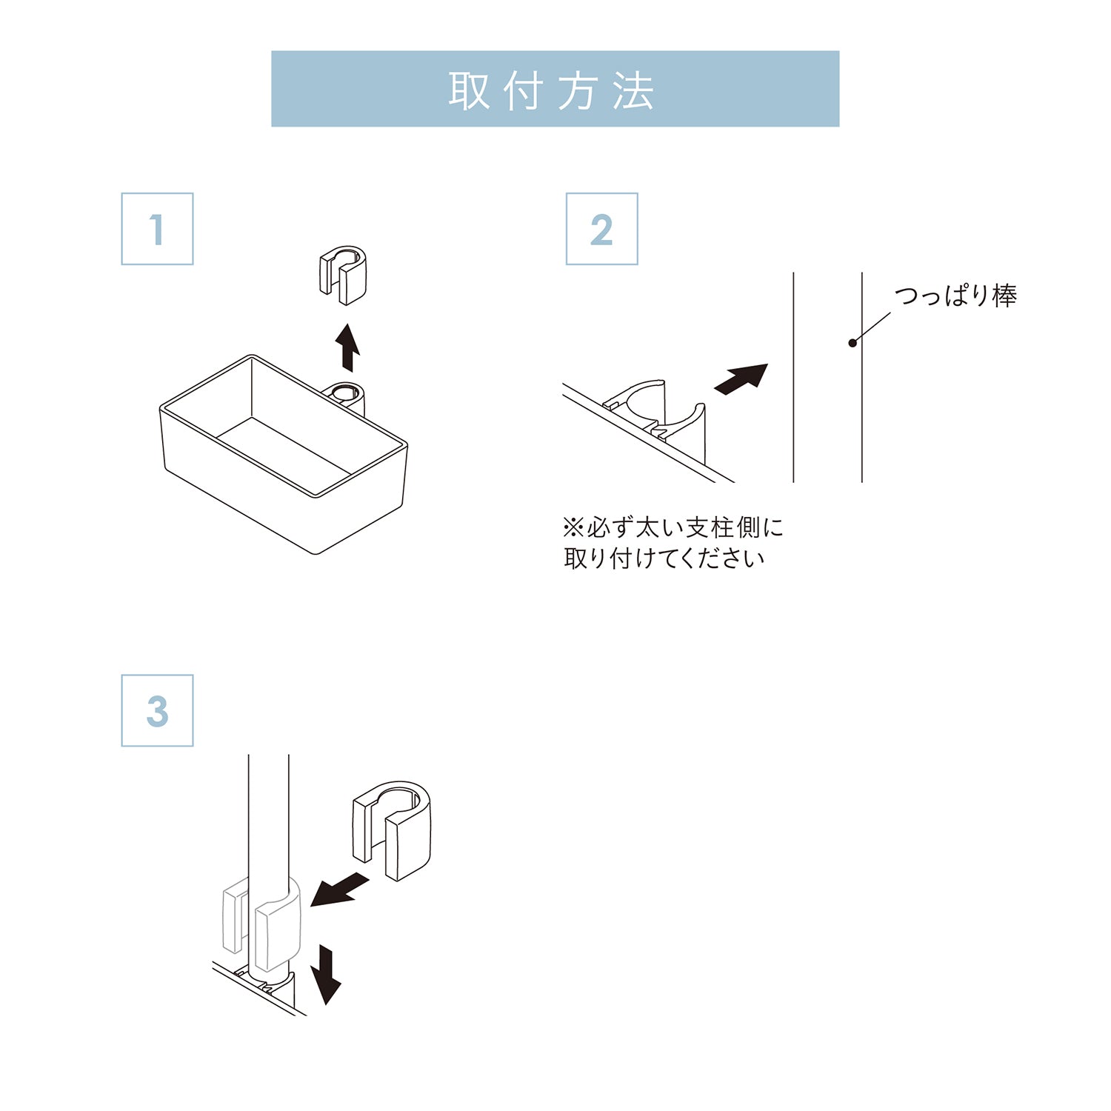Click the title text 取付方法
tap(552, 91)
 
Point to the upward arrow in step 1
tap(347, 347)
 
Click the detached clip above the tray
tap(343, 274)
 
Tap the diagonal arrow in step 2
tap(741, 378)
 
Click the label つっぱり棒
tap(955, 296)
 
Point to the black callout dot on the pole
tap(853, 343)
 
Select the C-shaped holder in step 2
tap(655, 415)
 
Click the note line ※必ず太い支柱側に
tap(673, 527)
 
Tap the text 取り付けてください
tap(664, 558)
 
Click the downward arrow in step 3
tap(326, 973)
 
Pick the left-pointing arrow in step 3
tap(339, 890)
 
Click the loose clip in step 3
tap(392, 830)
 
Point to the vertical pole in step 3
tap(268, 815)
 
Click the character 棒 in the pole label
tap(1004, 296)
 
